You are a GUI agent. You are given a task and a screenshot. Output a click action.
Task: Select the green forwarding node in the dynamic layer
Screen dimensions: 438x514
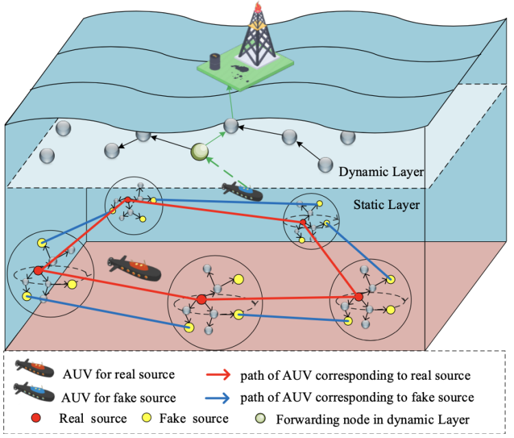[200, 151]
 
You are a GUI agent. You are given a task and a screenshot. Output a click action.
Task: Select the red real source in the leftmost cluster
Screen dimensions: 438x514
[38, 270]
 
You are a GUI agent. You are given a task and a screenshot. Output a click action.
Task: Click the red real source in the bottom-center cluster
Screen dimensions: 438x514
[201, 300]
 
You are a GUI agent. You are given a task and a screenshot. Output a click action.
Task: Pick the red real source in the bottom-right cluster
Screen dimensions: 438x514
[358, 296]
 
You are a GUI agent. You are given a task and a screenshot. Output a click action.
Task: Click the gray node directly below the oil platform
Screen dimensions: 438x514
[232, 126]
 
